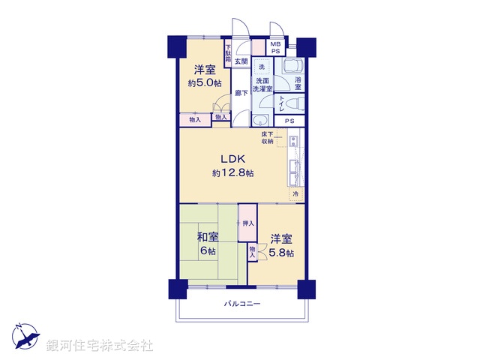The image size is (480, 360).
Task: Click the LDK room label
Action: pos(232,159)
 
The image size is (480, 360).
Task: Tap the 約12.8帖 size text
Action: pos(232,173)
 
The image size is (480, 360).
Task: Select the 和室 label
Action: pos(208,238)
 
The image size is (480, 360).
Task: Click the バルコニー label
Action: pos(242,304)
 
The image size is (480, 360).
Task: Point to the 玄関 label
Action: pos(241,61)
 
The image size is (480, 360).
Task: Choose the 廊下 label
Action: pos(241,94)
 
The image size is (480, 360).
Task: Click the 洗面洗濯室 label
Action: pos(261,83)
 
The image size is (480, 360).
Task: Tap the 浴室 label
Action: pos(298,83)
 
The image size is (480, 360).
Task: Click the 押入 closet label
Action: pos(248,223)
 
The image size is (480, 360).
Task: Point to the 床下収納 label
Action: pos(268,137)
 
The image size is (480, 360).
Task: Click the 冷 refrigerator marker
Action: pos(295,193)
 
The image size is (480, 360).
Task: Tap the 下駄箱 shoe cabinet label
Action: pos(228,57)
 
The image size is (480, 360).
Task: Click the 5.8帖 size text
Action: pos(282,253)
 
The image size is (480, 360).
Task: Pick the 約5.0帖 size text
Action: pos(204,82)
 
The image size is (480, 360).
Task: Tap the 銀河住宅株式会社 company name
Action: pos(99,346)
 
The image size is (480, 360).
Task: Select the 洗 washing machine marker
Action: pos(262,67)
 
